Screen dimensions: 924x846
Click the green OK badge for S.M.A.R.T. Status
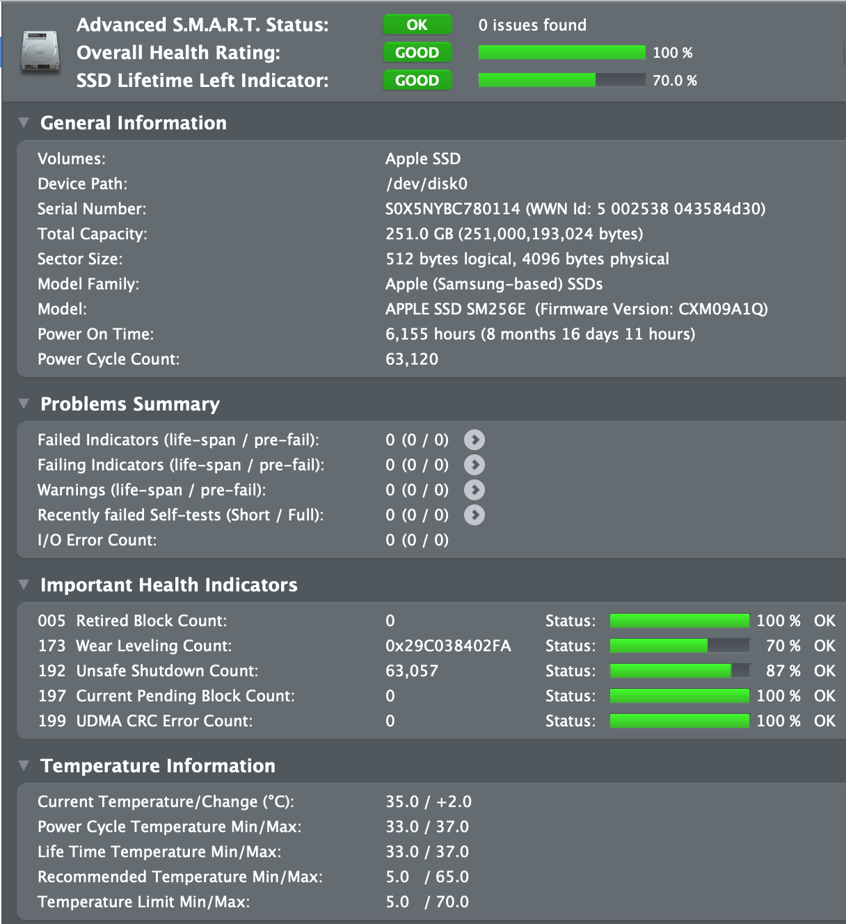[417, 25]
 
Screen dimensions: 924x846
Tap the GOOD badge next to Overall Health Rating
[417, 53]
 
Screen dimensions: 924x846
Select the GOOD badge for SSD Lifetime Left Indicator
[417, 81]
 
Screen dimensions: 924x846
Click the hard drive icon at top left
[40, 51]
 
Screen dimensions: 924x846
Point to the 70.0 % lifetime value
[674, 81]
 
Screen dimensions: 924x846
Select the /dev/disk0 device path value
[426, 184]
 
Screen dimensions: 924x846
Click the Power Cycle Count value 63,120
[412, 359]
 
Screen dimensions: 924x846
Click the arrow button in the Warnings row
[474, 490]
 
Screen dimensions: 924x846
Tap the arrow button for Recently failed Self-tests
[474, 515]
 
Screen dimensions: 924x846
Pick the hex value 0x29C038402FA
[448, 646]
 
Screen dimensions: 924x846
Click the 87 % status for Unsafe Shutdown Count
[783, 671]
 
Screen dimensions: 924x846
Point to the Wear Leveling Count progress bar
[680, 646]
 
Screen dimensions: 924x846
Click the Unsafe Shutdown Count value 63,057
[412, 671]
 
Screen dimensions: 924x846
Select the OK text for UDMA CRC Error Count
[824, 721]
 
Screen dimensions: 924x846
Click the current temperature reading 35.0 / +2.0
[429, 802]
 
